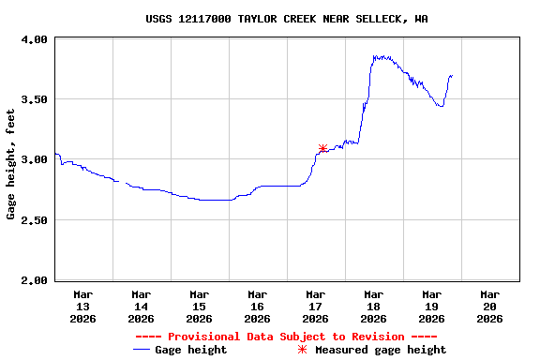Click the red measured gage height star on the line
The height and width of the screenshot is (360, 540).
322,148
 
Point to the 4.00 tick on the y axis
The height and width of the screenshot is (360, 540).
34,39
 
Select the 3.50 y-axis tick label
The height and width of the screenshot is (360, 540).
34,99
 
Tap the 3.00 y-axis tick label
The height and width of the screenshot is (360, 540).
34,159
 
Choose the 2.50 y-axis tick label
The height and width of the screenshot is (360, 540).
34,220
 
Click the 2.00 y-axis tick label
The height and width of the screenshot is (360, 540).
34,280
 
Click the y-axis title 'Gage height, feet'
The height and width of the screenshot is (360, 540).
11,164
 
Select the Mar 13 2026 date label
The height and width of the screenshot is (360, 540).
83,306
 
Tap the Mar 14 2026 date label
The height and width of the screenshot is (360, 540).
142,306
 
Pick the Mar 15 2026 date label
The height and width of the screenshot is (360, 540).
200,306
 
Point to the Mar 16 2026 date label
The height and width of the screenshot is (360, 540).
258,306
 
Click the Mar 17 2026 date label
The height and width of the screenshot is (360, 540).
316,306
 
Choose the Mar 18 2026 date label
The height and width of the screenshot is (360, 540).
374,306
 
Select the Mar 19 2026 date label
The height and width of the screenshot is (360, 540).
432,306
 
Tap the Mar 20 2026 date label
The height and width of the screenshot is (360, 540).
490,306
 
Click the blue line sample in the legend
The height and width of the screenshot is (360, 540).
142,350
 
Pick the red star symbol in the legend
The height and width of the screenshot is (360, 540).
302,350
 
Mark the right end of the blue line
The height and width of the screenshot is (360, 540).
452,75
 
